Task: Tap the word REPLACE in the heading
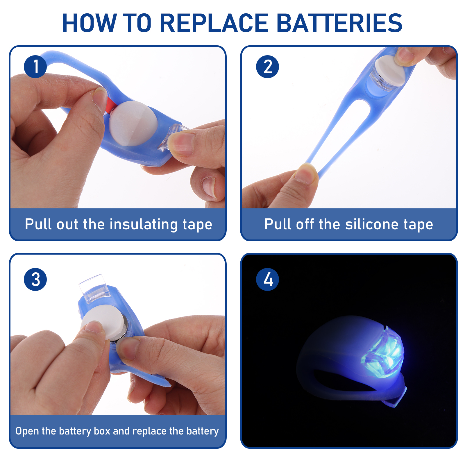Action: click(214, 23)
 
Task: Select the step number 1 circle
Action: click(35, 67)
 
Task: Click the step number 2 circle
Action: click(267, 67)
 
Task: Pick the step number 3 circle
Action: click(35, 279)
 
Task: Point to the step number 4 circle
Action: click(267, 279)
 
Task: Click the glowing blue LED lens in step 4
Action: click(383, 353)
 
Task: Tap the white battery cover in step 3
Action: click(102, 323)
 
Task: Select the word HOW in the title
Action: click(89, 23)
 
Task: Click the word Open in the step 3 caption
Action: click(27, 431)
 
